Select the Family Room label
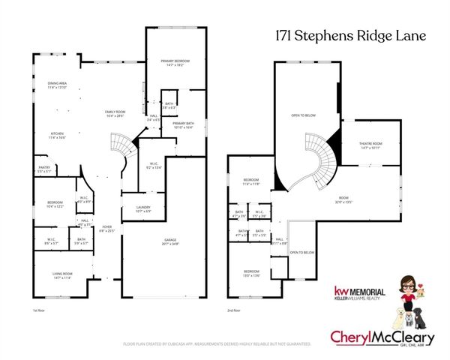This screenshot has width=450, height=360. point(115,113)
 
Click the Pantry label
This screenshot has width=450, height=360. point(43,170)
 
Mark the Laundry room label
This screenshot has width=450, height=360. point(142,209)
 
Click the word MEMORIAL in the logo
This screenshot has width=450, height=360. point(367,291)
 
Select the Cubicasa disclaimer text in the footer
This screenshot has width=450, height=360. point(217,344)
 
